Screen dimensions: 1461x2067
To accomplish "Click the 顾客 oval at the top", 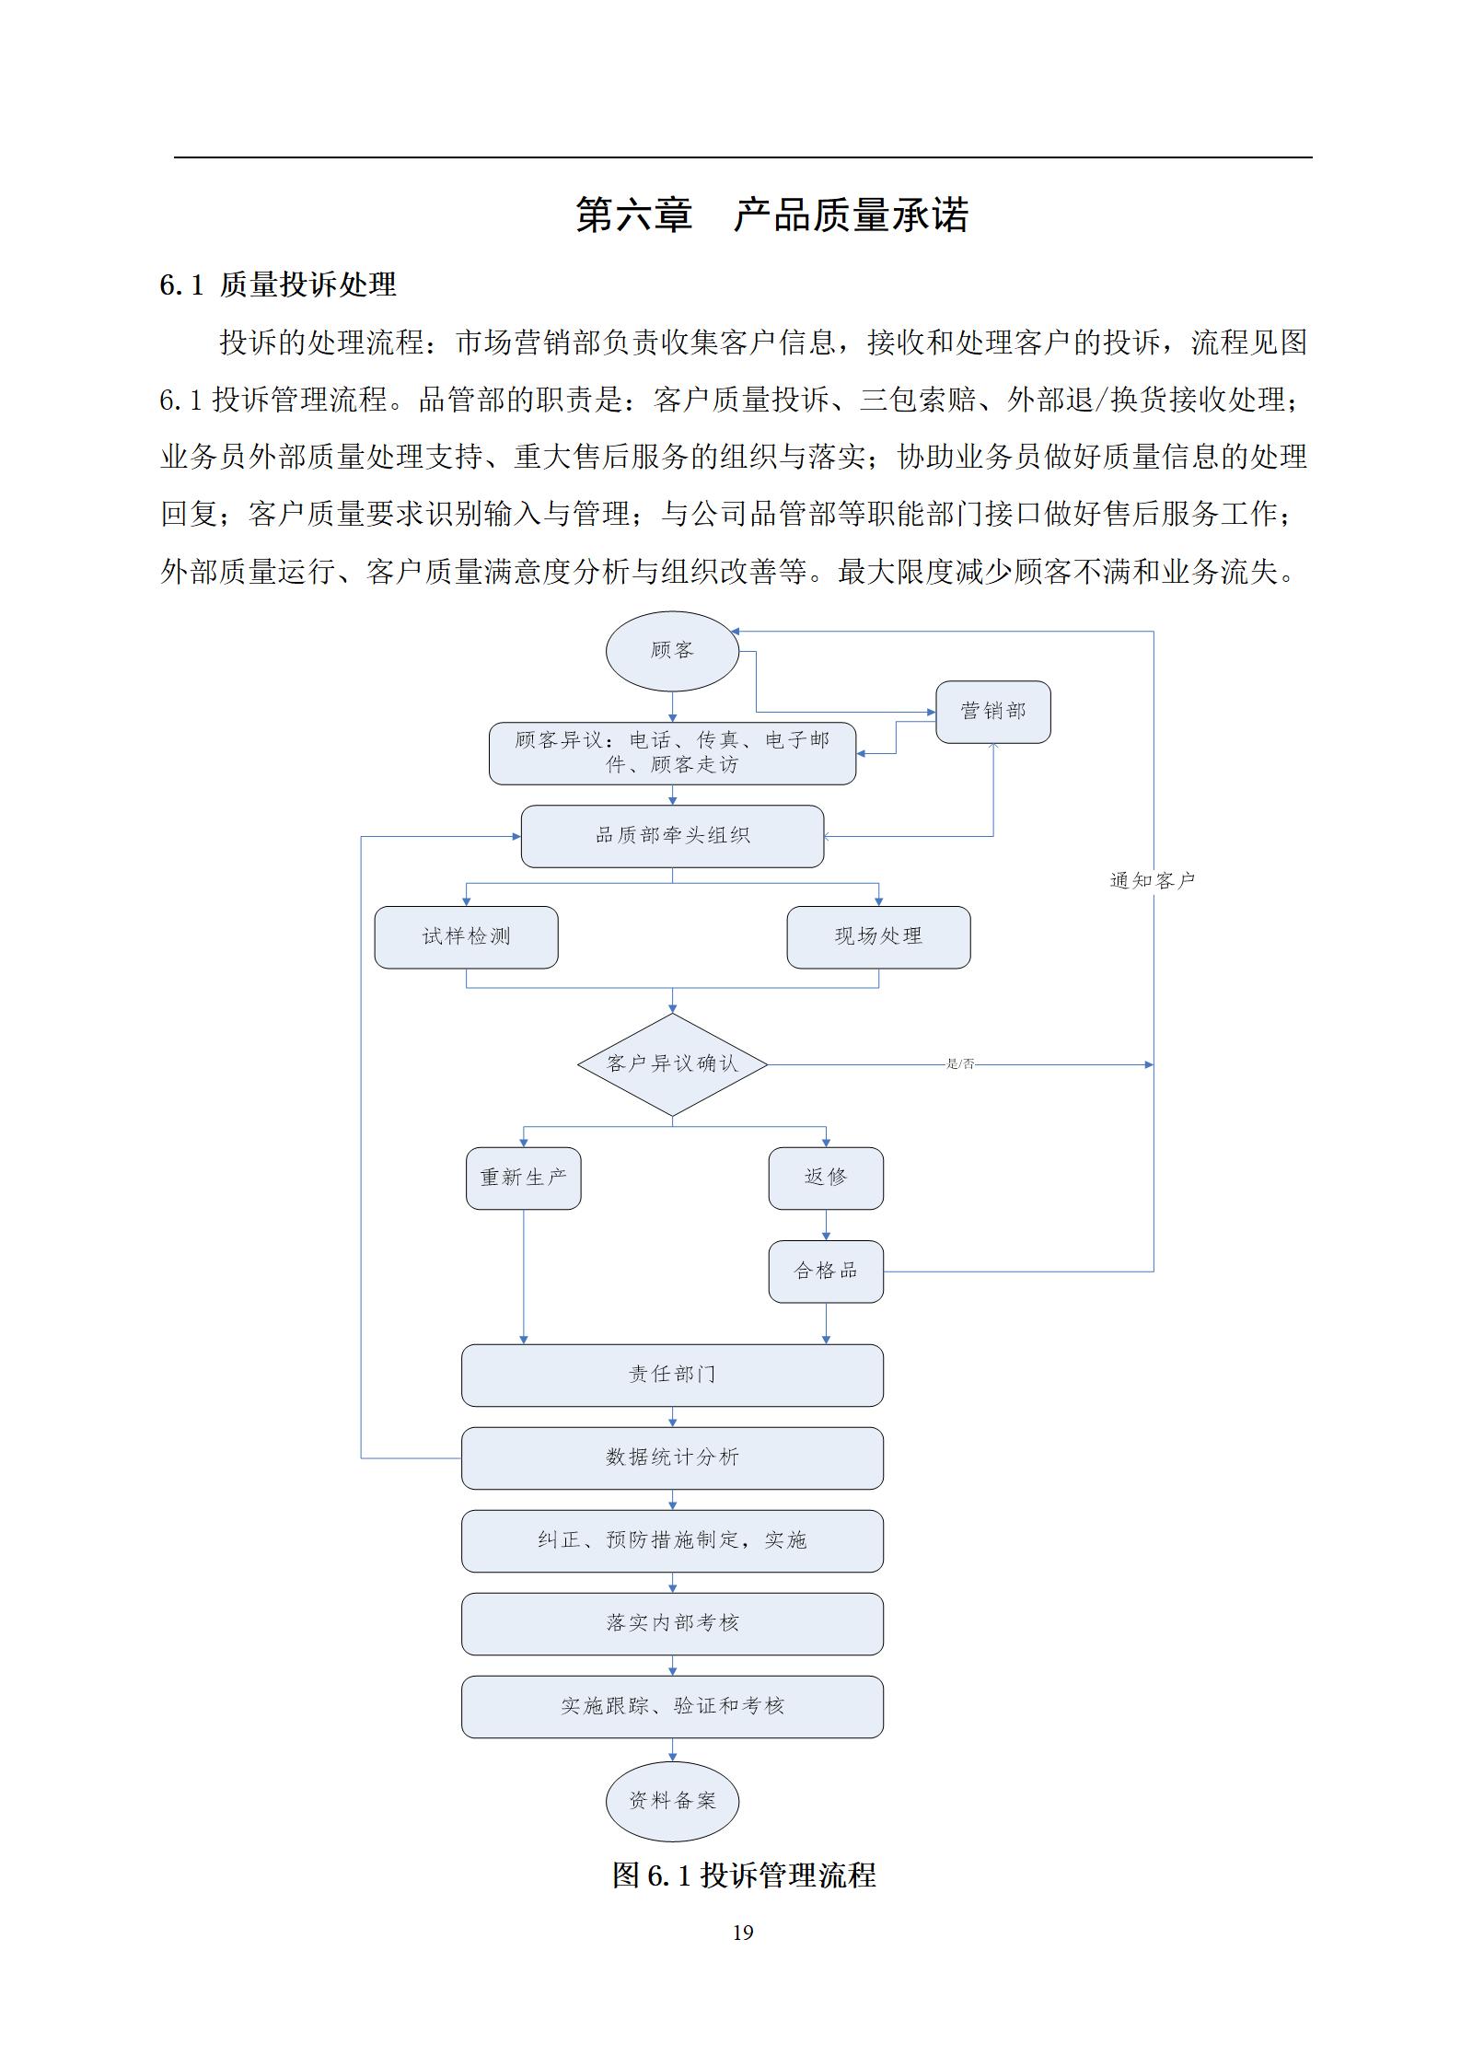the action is click(x=672, y=651).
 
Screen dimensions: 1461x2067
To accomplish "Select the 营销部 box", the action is click(x=992, y=712).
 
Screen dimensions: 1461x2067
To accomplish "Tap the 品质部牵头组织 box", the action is click(x=672, y=836).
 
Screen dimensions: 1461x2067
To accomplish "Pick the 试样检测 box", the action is click(x=466, y=937).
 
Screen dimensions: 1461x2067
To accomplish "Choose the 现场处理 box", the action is click(x=878, y=937).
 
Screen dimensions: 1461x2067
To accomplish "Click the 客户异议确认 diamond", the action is click(x=672, y=1064).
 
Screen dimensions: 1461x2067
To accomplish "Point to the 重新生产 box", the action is click(x=523, y=1178).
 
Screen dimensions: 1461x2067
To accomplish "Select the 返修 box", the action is click(x=826, y=1178).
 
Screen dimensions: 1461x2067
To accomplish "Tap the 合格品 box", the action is click(x=826, y=1272).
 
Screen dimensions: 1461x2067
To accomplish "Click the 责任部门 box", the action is click(x=672, y=1376).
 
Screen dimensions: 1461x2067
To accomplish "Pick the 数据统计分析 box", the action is click(x=672, y=1458).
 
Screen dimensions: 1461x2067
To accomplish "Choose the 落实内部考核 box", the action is click(x=672, y=1624).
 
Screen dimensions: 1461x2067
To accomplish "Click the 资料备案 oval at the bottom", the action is click(x=672, y=1802).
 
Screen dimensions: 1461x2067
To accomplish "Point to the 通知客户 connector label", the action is click(x=1153, y=881).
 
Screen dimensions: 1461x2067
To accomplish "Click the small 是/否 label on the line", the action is click(x=960, y=1064).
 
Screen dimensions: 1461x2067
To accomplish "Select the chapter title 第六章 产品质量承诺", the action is click(x=772, y=215).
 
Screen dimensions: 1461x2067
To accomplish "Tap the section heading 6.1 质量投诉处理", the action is click(x=278, y=285).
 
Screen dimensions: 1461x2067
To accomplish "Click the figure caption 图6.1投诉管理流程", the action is click(x=744, y=1875).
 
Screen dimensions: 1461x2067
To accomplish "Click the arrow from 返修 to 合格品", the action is click(x=826, y=1225).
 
